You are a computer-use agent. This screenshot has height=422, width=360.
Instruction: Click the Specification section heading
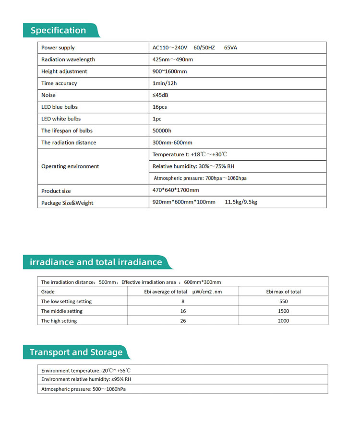[58, 30]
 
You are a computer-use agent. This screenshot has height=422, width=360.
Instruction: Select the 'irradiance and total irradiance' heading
[96, 262]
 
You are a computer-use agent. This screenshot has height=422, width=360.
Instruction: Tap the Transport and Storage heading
[76, 352]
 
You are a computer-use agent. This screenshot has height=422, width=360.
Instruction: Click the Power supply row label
[58, 48]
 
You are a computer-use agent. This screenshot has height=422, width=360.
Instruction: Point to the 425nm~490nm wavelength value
[172, 59]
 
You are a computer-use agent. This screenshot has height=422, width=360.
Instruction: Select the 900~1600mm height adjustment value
[169, 71]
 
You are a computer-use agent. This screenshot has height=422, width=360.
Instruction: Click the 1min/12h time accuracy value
[165, 83]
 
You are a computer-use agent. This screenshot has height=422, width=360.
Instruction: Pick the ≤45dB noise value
[160, 95]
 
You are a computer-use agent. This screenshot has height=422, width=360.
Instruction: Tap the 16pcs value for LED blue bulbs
[160, 107]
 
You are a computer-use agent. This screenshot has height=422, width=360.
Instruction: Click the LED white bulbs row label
[61, 119]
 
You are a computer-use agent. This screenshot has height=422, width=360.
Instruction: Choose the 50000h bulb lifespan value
[162, 130]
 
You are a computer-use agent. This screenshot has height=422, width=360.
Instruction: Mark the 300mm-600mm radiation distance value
[172, 142]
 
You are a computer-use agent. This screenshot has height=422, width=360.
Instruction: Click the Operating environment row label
[70, 166]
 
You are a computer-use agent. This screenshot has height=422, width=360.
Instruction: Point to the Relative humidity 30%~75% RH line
[193, 166]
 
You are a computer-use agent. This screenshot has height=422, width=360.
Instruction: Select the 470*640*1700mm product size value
[175, 190]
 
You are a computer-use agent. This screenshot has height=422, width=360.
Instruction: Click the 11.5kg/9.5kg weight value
[241, 202]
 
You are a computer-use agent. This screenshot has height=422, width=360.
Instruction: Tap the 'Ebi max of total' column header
[284, 292]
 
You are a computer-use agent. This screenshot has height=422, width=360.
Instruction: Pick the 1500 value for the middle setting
[284, 311]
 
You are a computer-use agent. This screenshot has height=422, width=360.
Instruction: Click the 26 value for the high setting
[183, 321]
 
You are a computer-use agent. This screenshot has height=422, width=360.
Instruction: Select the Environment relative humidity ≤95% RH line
[86, 379]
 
